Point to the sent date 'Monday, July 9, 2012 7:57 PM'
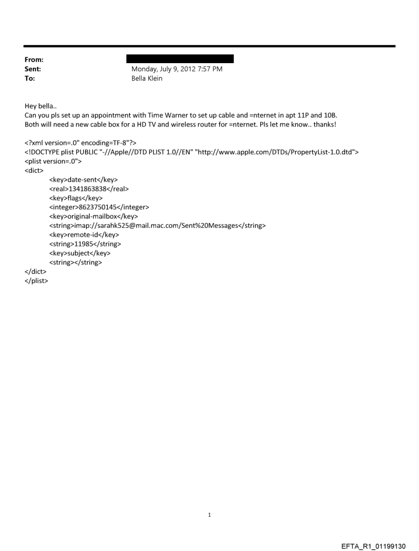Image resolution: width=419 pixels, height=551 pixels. tap(177, 69)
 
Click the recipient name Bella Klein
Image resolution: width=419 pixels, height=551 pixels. tap(147, 79)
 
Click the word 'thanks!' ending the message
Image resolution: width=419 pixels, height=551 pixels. tap(323, 125)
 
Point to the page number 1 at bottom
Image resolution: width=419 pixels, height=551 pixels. tap(209, 515)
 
